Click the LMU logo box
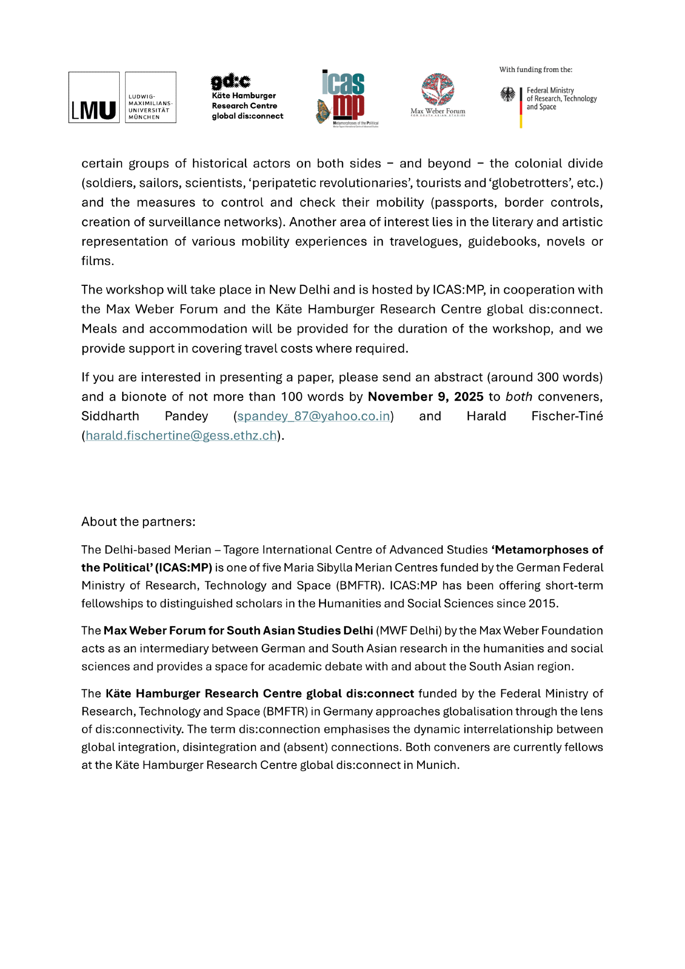pos(94,97)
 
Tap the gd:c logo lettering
pos(231,81)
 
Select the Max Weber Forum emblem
pos(437,90)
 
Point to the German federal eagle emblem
pos(508,94)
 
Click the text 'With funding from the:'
pos(536,70)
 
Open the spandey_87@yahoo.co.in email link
pos(313,416)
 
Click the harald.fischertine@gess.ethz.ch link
pos(181,436)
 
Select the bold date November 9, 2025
pos(425,397)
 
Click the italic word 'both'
pos(519,397)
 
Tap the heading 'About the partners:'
pos(139,522)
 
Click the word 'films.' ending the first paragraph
pos(98,261)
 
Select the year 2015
pos(545,604)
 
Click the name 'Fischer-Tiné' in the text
pos(567,416)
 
